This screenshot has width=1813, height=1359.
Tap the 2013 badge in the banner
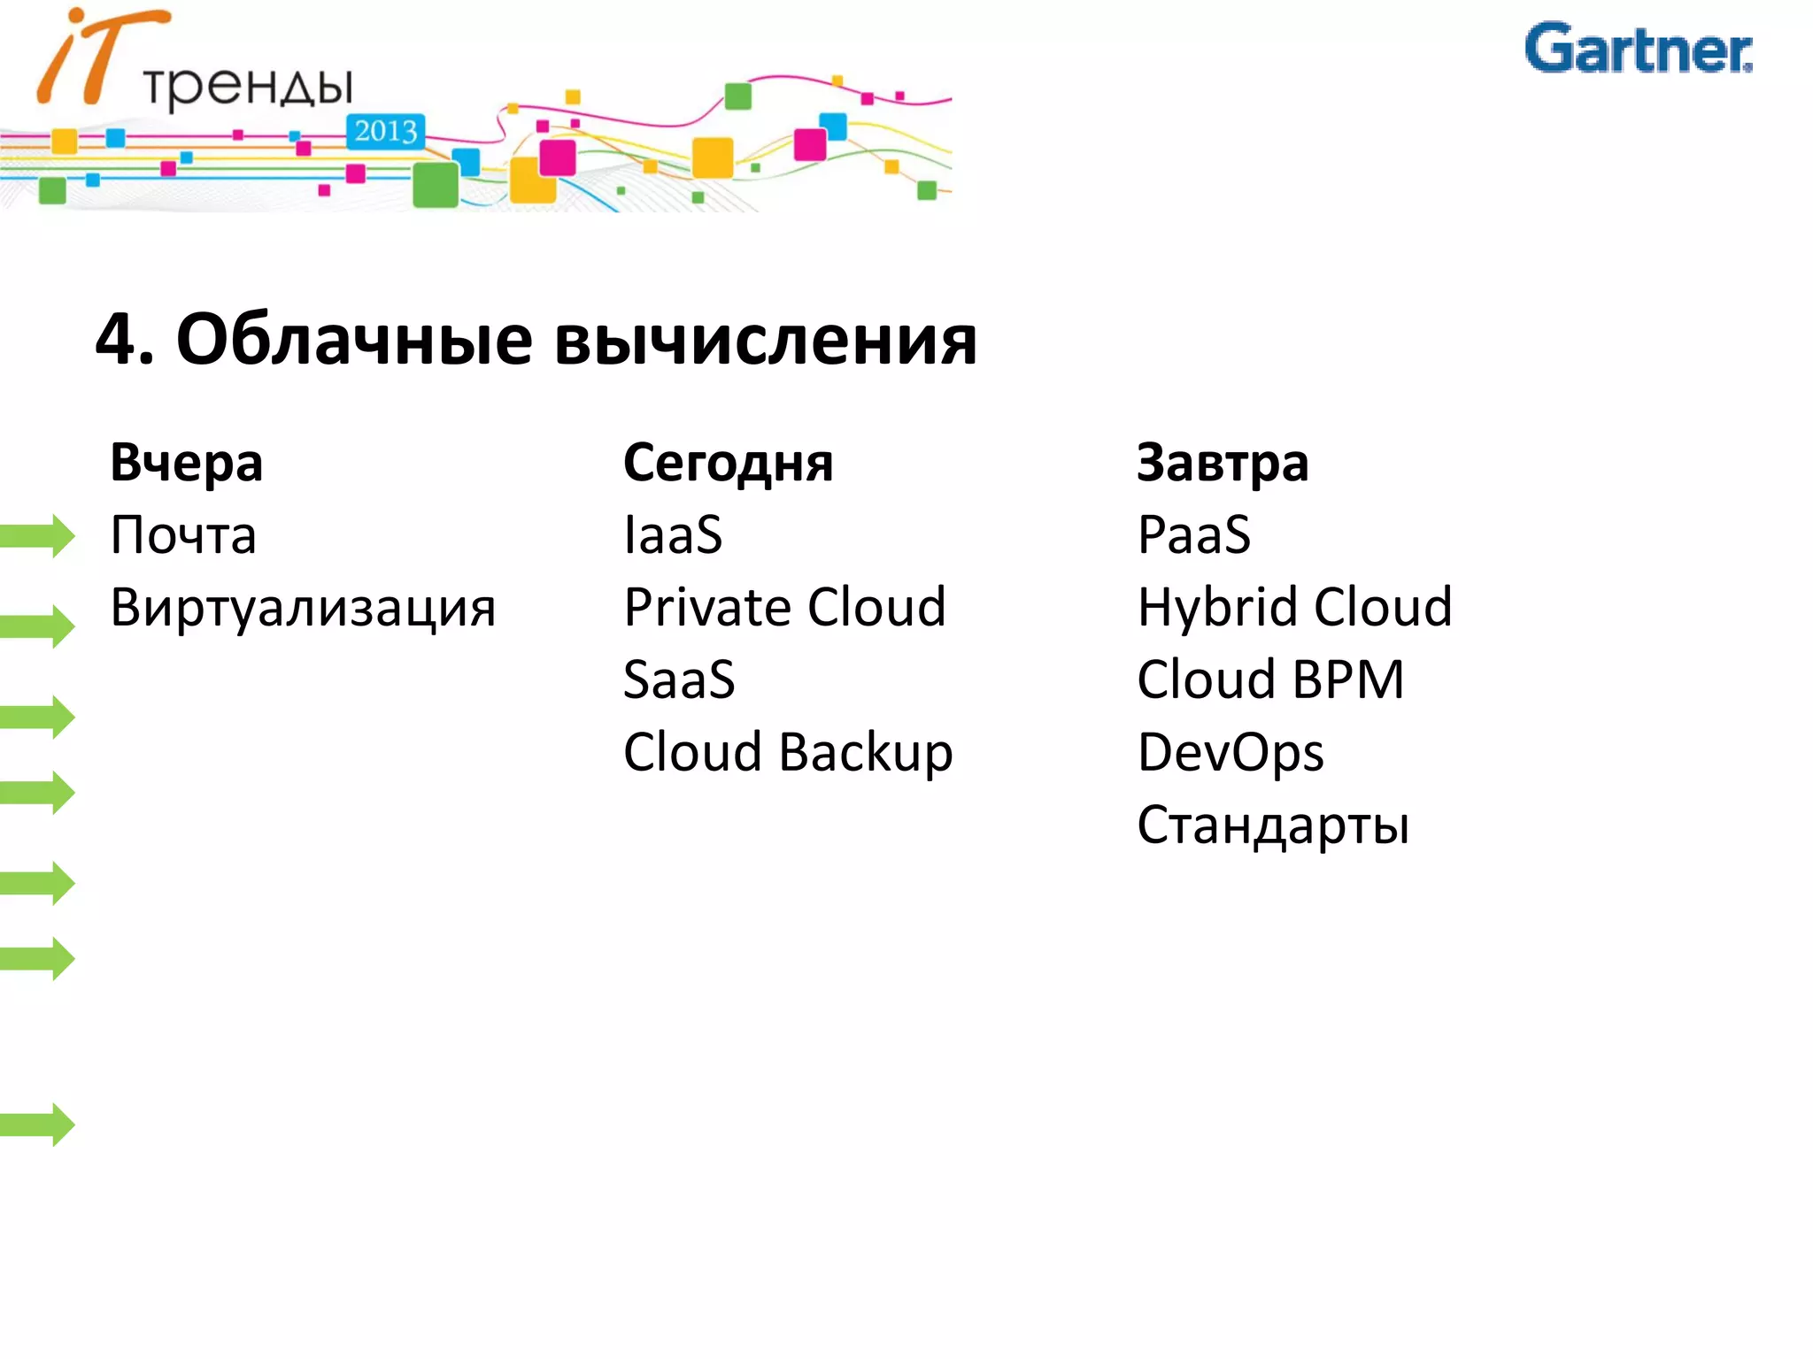click(x=385, y=132)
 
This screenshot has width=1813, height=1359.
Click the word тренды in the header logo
click(x=248, y=87)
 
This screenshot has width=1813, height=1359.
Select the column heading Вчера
click(x=187, y=463)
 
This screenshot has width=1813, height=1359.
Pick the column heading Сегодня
click(x=728, y=463)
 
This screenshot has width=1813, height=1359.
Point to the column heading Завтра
click(x=1223, y=463)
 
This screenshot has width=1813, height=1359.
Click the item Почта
click(x=183, y=535)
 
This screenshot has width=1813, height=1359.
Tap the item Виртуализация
click(x=303, y=609)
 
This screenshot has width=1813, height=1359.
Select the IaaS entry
click(x=673, y=535)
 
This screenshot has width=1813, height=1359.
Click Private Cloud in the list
click(x=785, y=608)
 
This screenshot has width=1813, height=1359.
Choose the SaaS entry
click(x=679, y=680)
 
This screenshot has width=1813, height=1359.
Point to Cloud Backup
click(x=788, y=753)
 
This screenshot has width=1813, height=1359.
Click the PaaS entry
click(x=1194, y=535)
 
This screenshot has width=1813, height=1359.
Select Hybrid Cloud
click(x=1294, y=608)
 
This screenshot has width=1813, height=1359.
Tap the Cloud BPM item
click(x=1270, y=680)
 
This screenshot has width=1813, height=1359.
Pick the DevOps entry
click(x=1231, y=753)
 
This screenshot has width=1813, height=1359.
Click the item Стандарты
click(x=1273, y=825)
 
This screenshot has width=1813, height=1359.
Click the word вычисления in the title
click(x=766, y=340)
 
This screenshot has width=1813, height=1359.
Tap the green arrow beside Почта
click(x=38, y=535)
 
